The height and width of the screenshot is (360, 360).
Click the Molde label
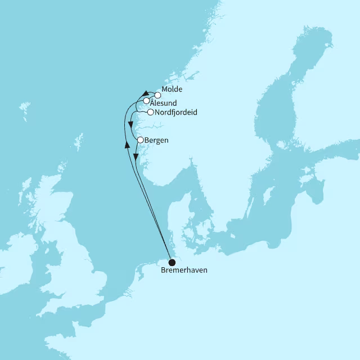172,89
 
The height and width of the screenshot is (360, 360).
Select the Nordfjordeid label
175,112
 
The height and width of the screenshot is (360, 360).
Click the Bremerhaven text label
184,271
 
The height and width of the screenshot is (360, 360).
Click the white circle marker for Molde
158,95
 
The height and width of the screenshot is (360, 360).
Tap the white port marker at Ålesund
146,101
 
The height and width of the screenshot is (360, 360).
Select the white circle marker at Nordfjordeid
150,112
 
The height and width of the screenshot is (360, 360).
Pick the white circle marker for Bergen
140,139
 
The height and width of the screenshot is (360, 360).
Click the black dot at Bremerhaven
172,262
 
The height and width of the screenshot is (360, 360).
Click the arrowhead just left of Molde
145,93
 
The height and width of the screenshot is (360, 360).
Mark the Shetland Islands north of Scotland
78,141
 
